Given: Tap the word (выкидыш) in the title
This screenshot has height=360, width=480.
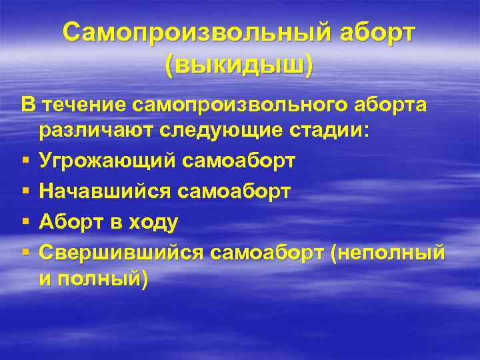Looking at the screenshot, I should (x=239, y=65).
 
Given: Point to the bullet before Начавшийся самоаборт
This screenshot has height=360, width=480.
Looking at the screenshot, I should (x=24, y=192).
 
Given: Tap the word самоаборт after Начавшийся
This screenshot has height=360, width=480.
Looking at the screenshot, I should (x=233, y=191).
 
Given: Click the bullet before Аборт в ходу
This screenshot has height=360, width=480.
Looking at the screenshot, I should (x=24, y=223).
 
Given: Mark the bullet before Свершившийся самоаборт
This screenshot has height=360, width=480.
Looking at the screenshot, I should (x=24, y=252).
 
